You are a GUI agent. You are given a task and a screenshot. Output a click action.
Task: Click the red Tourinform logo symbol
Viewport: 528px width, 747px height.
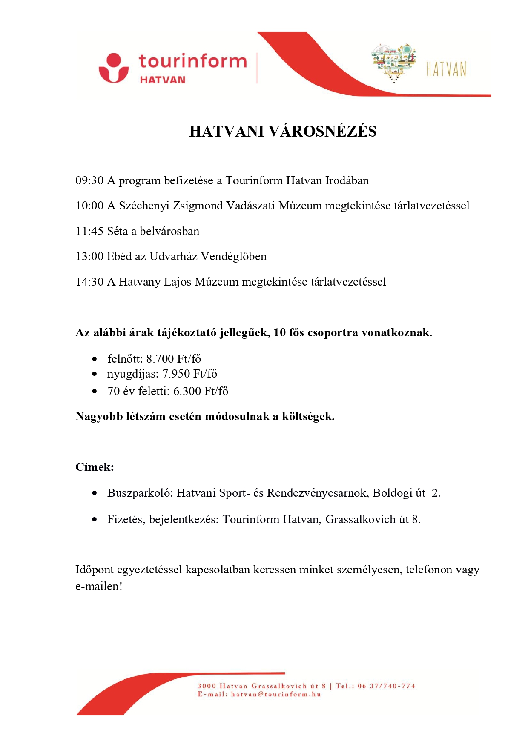113,68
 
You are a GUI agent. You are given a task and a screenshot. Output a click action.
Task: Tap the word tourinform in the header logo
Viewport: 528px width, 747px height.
192,61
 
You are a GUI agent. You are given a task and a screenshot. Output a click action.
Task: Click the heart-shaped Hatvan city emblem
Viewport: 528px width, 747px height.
394,61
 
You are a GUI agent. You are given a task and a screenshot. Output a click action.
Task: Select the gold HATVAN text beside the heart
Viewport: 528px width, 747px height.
446,69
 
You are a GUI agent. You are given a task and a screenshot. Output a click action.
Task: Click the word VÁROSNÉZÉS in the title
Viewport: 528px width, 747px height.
323,131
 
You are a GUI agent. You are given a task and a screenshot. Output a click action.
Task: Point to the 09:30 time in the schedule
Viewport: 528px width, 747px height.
89,180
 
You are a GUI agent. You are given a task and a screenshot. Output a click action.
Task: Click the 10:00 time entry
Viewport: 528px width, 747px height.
89,206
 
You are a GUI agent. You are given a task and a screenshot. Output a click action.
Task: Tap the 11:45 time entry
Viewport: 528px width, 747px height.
89,231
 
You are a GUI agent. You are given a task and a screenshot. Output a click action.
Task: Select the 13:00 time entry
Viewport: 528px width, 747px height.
89,256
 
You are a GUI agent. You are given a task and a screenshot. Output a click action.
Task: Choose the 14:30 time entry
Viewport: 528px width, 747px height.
89,282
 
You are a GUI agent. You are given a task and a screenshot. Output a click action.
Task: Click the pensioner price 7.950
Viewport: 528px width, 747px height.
176,374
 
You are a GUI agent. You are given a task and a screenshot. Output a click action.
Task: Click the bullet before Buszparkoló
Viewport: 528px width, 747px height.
95,493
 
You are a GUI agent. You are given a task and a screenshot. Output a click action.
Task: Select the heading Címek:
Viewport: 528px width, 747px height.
95,467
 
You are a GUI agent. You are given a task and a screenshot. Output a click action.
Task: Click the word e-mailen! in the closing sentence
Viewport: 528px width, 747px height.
99,586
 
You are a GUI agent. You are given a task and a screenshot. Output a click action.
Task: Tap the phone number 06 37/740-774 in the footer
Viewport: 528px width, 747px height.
386,686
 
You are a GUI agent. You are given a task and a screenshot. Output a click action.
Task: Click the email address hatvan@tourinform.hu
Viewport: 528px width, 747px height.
276,694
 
